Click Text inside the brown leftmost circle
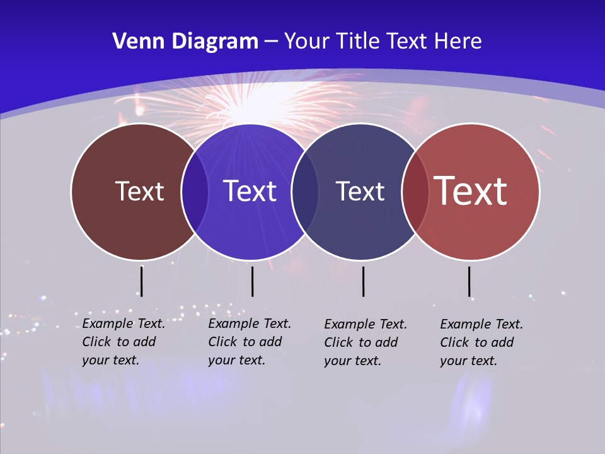pos(139,191)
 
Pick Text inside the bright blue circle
pos(250,191)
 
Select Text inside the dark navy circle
pos(360,191)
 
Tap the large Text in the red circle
pos(471,191)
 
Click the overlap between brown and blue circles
pos(195,191)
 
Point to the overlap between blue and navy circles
pos(305,191)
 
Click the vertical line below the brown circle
pos(142,281)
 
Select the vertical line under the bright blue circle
pos(252,281)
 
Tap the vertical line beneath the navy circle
pos(363,281)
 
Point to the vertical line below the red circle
pos(469,281)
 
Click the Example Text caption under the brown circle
pos(124,342)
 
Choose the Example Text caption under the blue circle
pos(250,342)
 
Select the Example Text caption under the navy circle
pos(366,342)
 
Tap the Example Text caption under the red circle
pos(481,342)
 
